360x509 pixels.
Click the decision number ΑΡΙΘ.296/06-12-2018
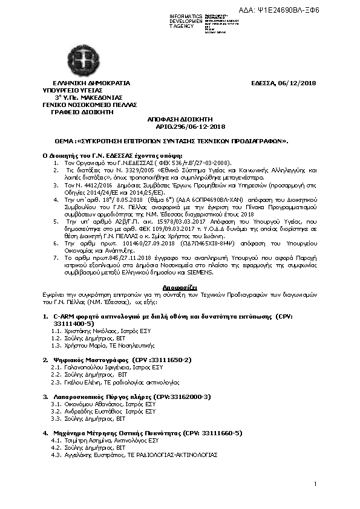(182, 126)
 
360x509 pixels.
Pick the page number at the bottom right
(315, 484)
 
